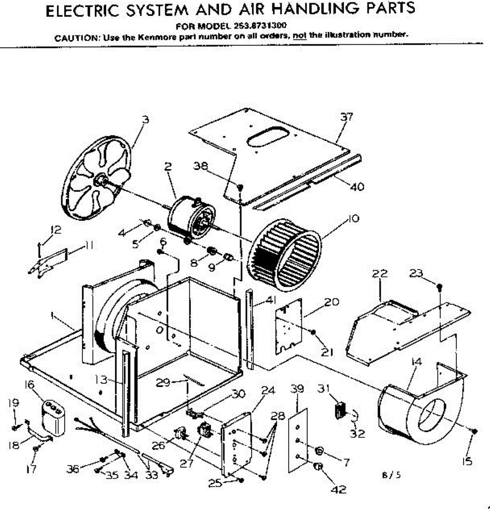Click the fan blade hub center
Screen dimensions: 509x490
tap(100, 180)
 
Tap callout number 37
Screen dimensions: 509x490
tap(347, 117)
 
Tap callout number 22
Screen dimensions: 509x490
tap(380, 274)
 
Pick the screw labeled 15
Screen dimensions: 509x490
tap(474, 431)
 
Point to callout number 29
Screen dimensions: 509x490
tap(163, 383)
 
